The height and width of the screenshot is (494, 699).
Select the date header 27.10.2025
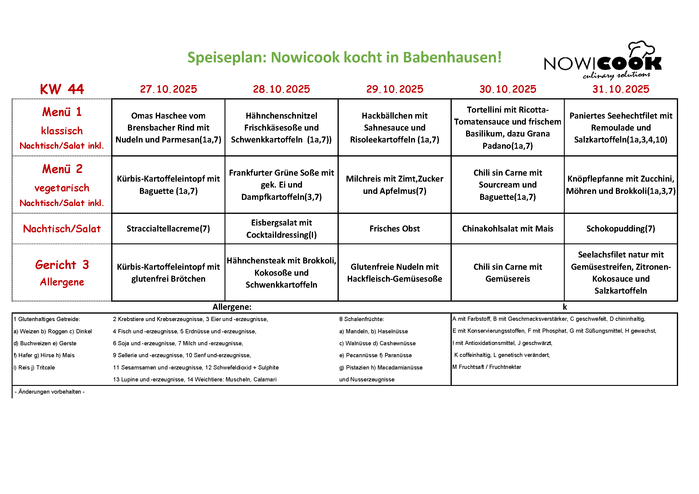168,89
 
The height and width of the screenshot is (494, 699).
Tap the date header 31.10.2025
621,89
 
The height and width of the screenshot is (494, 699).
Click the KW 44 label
62,89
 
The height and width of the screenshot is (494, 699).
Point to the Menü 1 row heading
62,112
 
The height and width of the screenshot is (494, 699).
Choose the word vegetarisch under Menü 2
62,188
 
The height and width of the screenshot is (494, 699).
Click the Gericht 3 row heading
62,265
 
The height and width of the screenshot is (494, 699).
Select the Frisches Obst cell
395,229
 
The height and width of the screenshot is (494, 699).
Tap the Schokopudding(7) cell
621,229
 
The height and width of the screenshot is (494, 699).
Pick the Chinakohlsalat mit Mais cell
507,229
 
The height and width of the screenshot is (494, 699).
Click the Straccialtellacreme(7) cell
168,229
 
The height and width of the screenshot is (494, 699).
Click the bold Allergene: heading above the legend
232,307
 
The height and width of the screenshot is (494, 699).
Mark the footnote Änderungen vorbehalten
50,392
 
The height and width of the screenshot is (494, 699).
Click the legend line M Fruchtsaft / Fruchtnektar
486,367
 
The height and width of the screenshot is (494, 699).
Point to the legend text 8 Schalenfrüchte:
361,319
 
